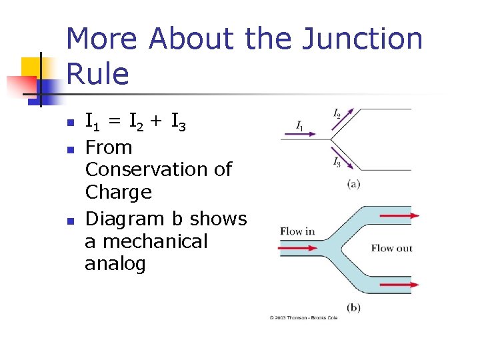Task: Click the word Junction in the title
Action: [363, 39]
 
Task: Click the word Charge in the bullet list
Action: [118, 192]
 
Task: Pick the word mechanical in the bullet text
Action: [155, 241]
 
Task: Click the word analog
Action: [115, 264]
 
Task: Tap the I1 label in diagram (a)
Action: [300, 125]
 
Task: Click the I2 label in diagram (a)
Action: [337, 114]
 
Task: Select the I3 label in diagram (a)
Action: [337, 161]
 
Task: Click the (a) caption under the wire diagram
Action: [353, 183]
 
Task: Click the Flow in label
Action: [297, 231]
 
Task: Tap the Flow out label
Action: [392, 248]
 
